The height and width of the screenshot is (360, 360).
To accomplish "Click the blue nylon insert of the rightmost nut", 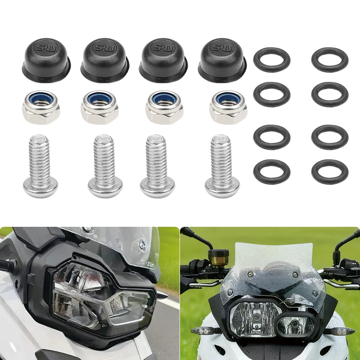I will pos(228,99).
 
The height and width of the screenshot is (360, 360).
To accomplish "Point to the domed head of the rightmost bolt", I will pos(222,187).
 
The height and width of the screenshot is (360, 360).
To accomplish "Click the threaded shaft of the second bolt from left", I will pos(104,155).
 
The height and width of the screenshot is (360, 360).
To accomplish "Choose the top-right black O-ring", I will pos(329,60).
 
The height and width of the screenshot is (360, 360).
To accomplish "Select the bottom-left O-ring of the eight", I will pos(272,171).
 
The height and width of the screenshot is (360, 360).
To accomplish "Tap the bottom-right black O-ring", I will pos(329,171).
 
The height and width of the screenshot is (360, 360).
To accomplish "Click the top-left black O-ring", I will pos(272,60).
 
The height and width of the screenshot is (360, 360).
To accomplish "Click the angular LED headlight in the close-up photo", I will pos(103,299).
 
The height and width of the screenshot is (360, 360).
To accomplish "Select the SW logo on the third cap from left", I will pos(162,47).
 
